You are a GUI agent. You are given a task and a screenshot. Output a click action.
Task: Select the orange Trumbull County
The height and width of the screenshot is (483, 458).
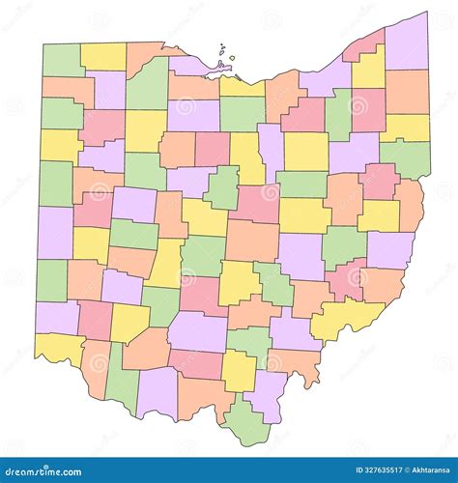coord(407,92)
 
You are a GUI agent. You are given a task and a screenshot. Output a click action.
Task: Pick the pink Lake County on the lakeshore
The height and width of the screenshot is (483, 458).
coord(364,43)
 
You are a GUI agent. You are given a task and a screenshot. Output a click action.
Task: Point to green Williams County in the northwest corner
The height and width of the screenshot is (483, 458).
coord(61,59)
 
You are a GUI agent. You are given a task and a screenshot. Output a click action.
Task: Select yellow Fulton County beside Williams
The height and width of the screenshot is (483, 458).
coord(102,56)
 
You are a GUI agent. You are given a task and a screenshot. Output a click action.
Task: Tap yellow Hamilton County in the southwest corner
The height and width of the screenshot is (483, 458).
coord(55,348)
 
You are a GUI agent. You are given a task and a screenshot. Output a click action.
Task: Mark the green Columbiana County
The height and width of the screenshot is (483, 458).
coord(406,158)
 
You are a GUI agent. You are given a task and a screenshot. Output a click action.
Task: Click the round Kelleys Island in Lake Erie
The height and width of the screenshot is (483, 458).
coord(233,59)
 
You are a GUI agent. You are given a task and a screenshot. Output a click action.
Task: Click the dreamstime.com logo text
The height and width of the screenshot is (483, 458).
coord(48,469)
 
